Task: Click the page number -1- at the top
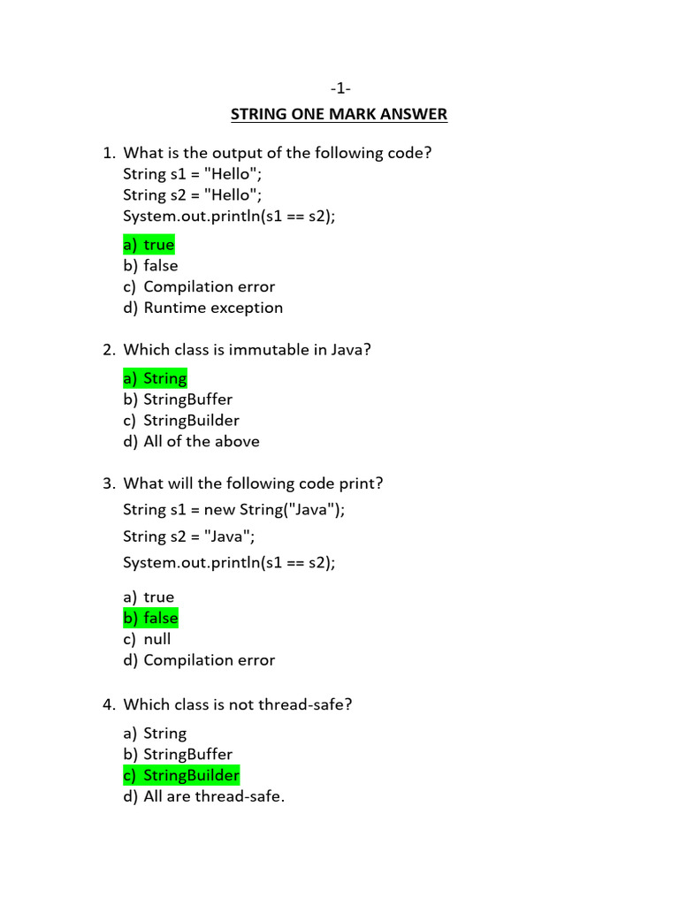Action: coord(339,88)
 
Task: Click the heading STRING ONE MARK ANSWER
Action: coord(339,114)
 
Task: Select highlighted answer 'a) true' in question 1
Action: coord(149,245)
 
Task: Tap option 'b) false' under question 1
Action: coord(151,266)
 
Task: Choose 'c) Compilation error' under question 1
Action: coord(200,287)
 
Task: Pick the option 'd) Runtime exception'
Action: coord(203,308)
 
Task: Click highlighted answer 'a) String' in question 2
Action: coord(156,379)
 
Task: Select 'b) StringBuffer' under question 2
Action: coord(178,399)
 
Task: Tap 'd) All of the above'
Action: coord(192,442)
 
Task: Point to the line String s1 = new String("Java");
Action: coord(234,510)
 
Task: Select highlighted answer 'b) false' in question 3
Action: coord(151,619)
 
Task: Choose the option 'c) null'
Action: coord(148,639)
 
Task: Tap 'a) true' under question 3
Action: coord(149,597)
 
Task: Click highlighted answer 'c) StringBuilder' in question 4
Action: coord(181,776)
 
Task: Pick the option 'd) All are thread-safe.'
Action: coord(204,797)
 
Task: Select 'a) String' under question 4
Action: coord(156,734)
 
